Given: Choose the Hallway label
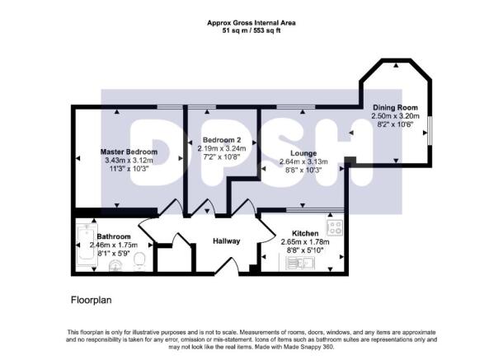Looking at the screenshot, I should (x=227, y=241).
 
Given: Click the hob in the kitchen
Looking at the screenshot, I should (x=334, y=227).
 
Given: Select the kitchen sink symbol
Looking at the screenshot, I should (x=298, y=263).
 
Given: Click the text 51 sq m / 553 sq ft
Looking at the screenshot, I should (x=251, y=30).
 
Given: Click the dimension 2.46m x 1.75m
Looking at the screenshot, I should (x=113, y=245).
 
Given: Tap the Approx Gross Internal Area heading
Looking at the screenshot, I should (x=251, y=22).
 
